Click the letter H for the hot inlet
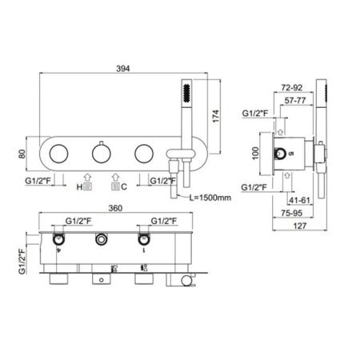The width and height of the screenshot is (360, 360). (x=80, y=186)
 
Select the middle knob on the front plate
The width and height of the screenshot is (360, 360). (x=100, y=152)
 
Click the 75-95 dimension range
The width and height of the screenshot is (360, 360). (x=302, y=214)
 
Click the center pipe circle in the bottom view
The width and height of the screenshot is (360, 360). (x=101, y=239)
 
